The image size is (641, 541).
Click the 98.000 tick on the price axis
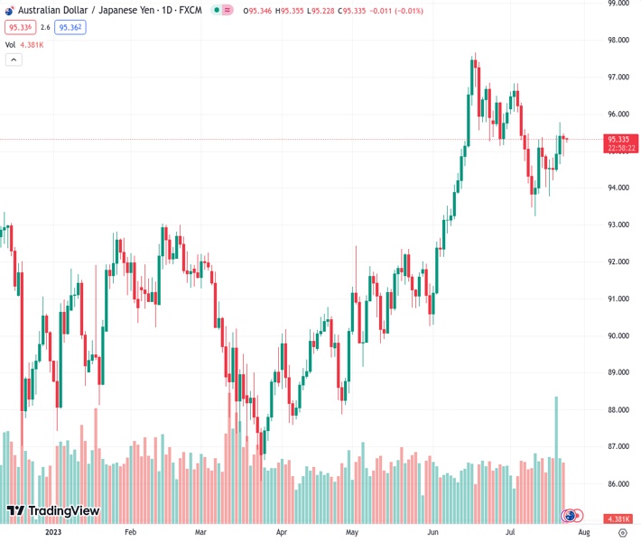618,41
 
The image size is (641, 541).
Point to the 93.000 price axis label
618,225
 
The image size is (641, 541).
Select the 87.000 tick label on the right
618,446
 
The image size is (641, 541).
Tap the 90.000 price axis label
618,335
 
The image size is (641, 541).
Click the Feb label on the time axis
130,532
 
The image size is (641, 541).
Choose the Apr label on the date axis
281,532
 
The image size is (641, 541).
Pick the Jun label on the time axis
432,532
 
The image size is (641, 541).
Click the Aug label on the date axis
583,532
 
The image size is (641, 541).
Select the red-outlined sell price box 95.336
19,27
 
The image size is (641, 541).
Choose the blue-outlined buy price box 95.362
70,27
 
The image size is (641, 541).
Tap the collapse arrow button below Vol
14,60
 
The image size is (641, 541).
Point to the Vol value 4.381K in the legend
33,44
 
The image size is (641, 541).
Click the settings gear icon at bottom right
622,532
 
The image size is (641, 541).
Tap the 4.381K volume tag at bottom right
618,518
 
